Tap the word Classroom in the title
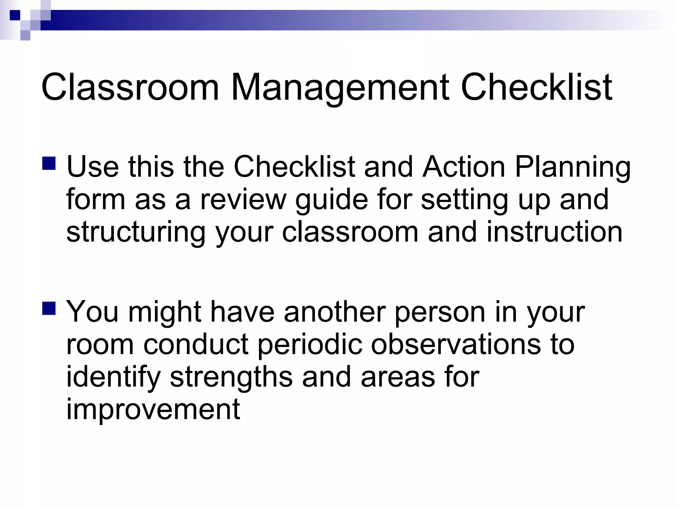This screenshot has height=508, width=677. pyautogui.click(x=130, y=88)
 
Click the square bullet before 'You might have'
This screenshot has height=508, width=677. pyautogui.click(x=49, y=308)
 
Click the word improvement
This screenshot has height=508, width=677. pyautogui.click(x=153, y=409)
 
